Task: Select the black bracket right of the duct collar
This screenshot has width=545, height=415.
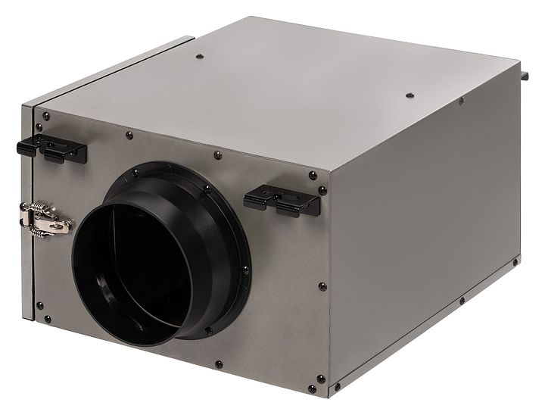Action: click(x=282, y=201)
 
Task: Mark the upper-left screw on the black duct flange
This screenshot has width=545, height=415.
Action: click(x=135, y=173)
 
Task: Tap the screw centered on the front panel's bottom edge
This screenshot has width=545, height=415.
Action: click(x=216, y=364)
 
